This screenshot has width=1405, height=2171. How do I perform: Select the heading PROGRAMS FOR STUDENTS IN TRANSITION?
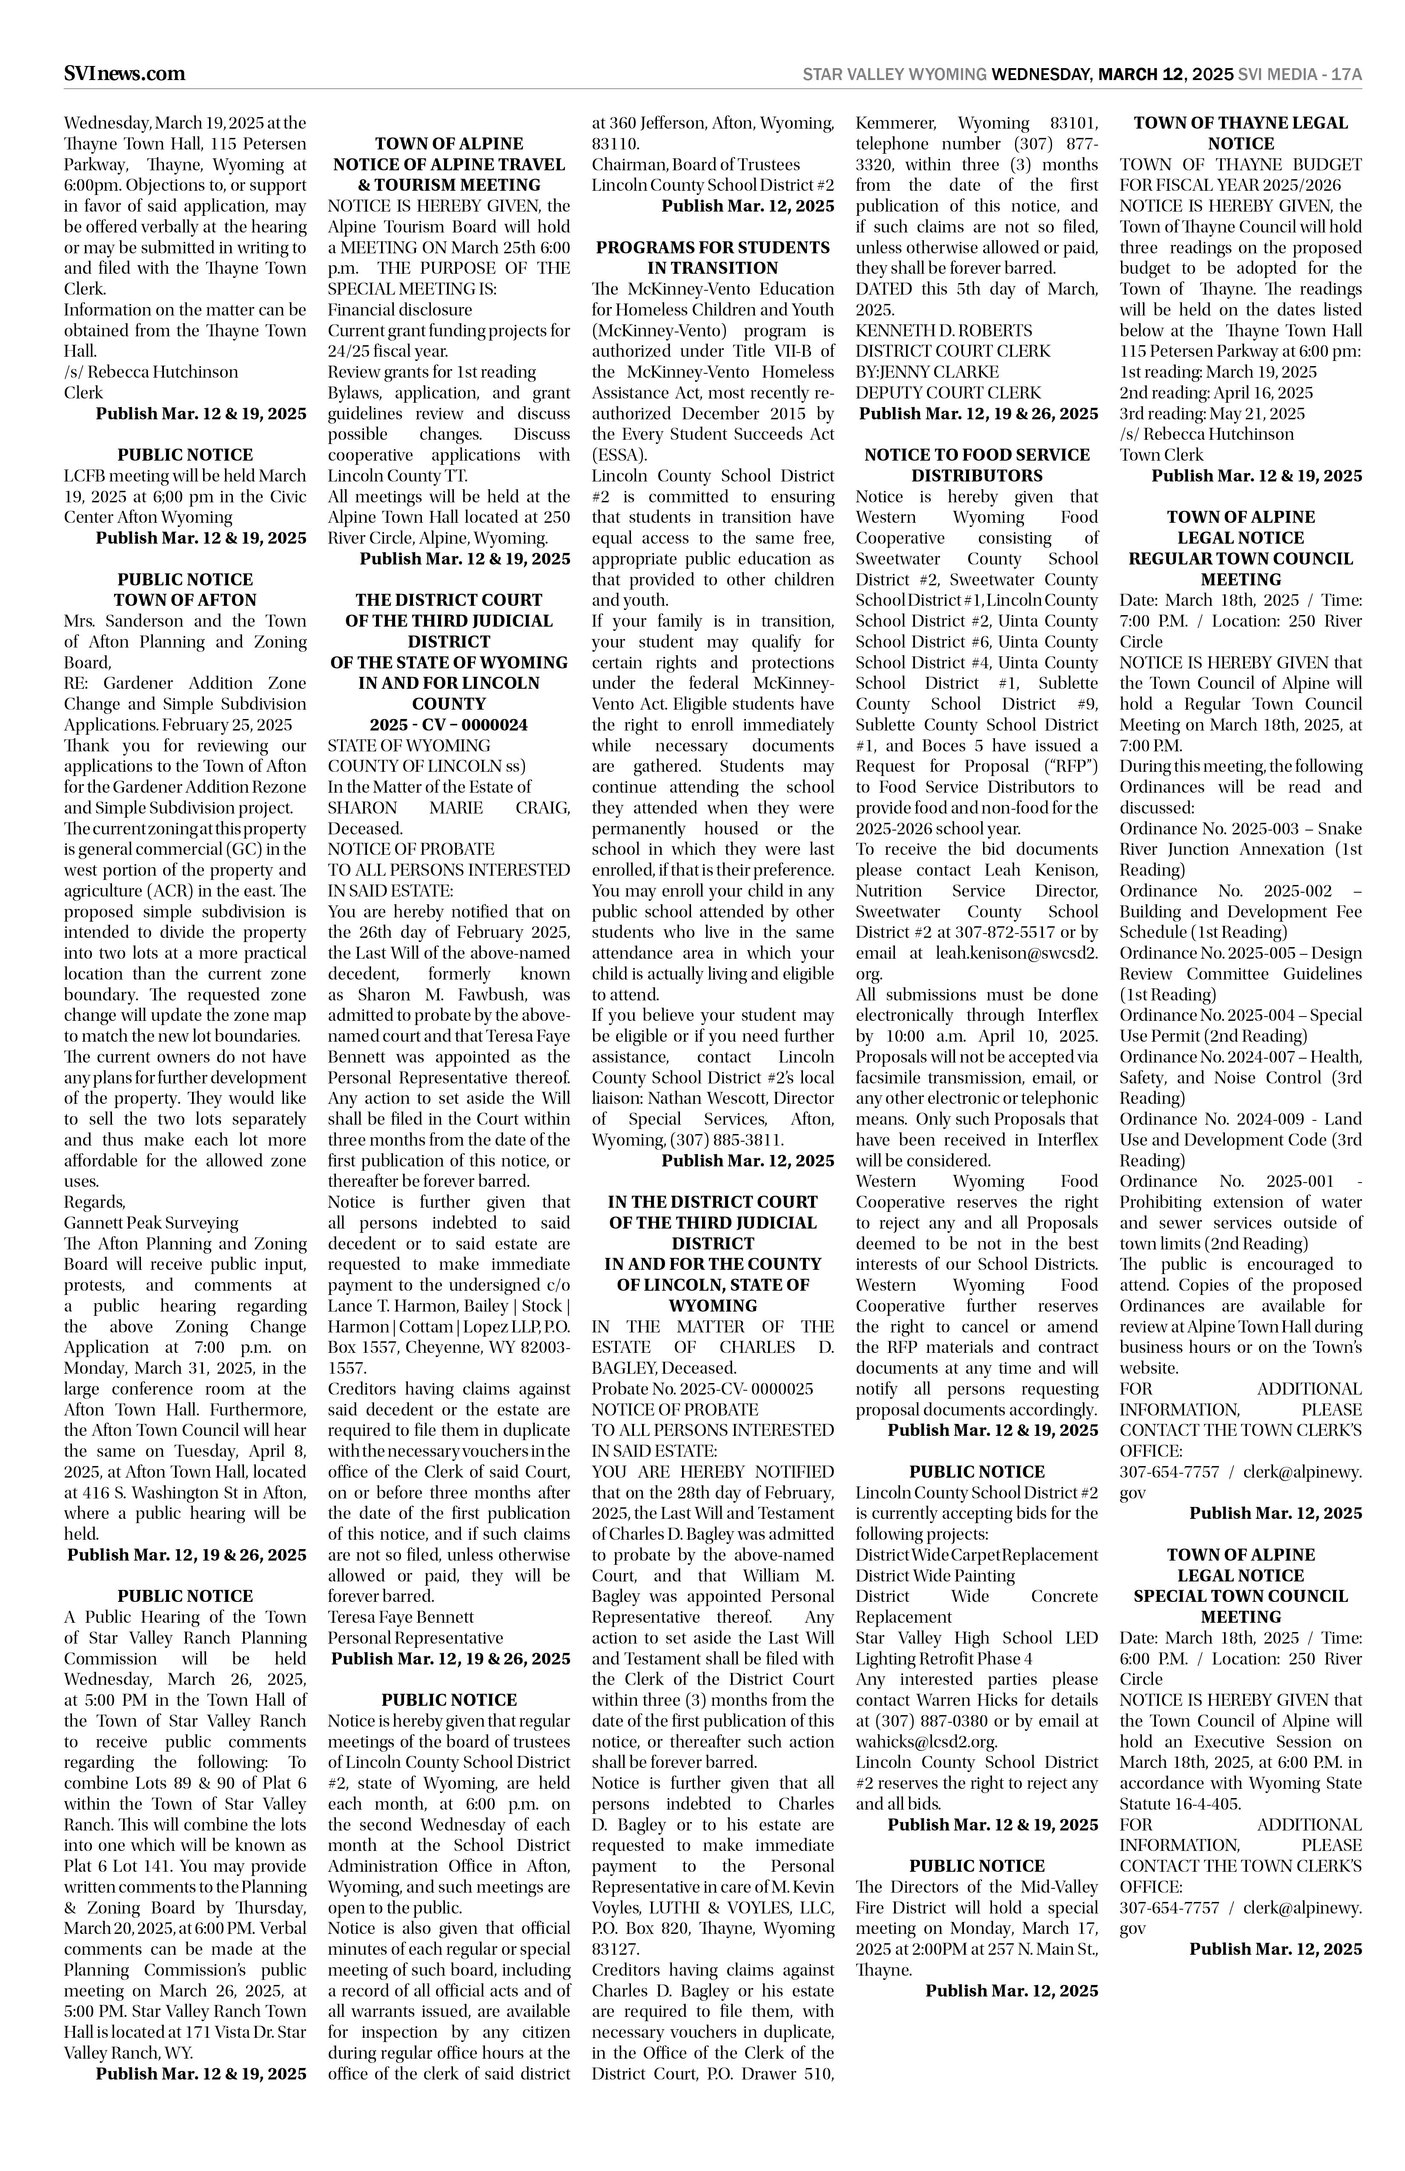pyautogui.click(x=713, y=257)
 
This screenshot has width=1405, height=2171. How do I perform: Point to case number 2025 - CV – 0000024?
pyautogui.click(x=448, y=724)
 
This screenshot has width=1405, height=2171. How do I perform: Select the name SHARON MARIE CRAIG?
pyautogui.click(x=448, y=807)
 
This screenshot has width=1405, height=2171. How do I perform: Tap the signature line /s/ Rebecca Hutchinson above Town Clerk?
pyautogui.click(x=1206, y=434)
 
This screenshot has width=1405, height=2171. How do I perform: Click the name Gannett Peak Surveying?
pyautogui.click(x=151, y=1222)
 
